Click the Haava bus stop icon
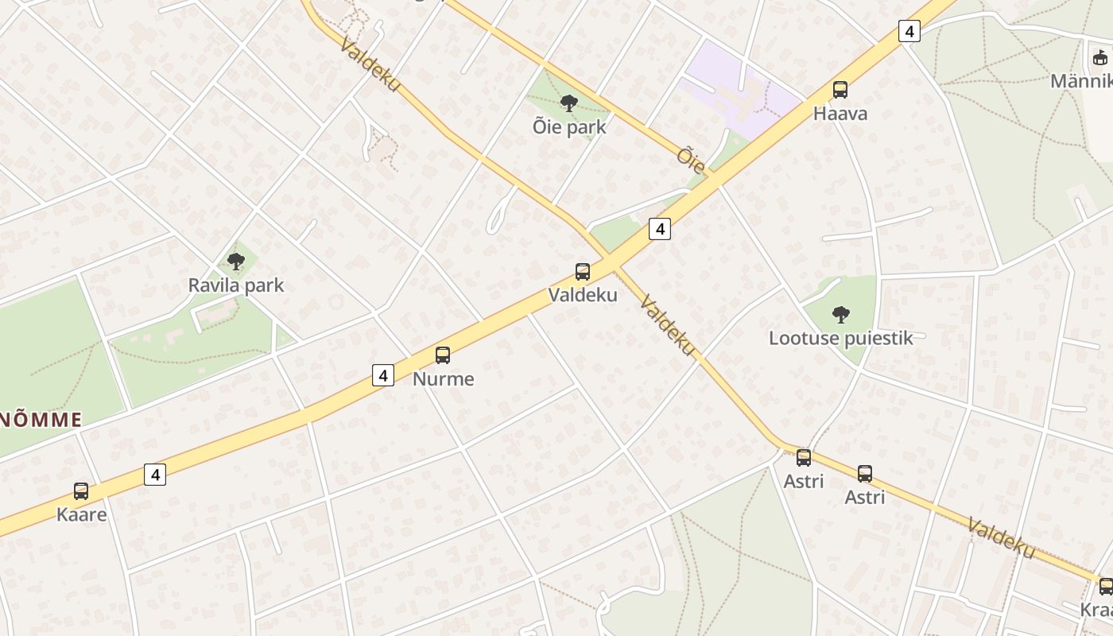[840, 90]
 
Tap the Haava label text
[840, 114]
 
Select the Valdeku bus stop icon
[583, 272]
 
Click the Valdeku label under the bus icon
[583, 295]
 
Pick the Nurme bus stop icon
[443, 355]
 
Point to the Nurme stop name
[443, 379]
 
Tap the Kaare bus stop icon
[81, 491]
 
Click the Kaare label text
[81, 514]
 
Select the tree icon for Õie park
[568, 103]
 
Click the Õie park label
[570, 127]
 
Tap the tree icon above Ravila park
[235, 260]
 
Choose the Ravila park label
[235, 285]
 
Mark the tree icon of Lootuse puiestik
[840, 314]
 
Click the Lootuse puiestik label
[840, 338]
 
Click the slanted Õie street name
[692, 160]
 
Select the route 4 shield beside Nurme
[383, 375]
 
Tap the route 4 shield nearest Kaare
[155, 475]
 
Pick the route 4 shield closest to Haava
[909, 32]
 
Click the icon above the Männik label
[1101, 58]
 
